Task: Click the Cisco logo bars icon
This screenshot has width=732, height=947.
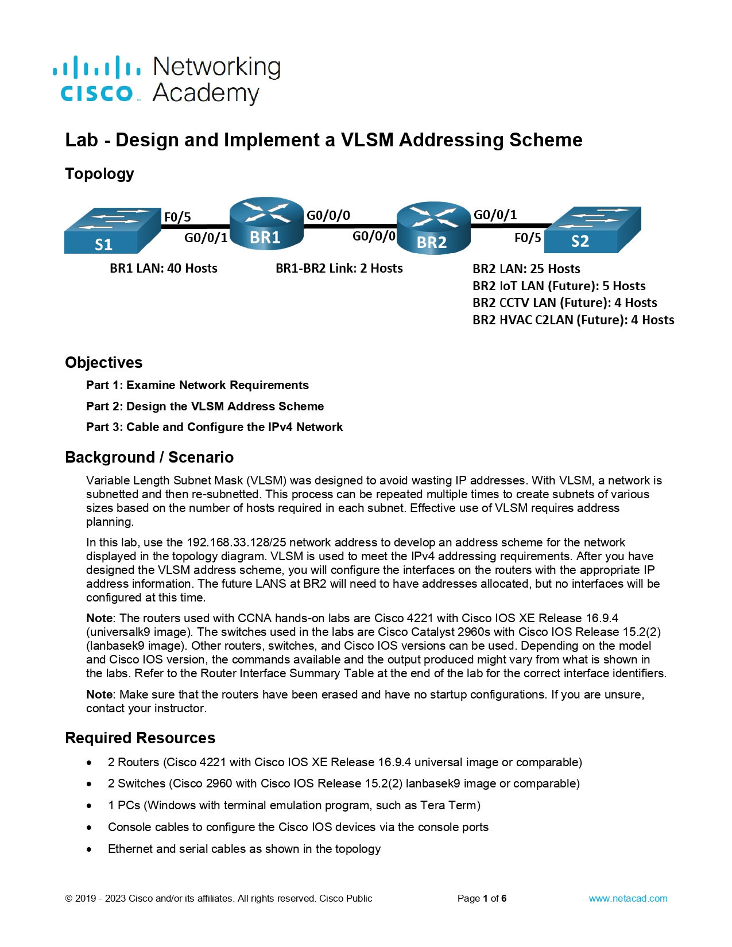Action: click(x=96, y=67)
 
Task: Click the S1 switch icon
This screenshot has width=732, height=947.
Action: click(x=112, y=231)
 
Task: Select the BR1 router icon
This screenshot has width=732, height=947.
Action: click(x=266, y=223)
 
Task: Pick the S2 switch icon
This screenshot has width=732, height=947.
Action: click(x=592, y=230)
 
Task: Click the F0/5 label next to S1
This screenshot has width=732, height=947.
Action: click(x=177, y=217)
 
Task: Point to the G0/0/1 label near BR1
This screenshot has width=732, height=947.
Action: click(x=206, y=238)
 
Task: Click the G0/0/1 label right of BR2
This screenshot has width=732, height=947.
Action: click(x=495, y=215)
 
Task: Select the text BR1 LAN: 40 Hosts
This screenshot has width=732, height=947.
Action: click(x=164, y=268)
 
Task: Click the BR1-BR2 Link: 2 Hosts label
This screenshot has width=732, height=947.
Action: click(x=339, y=268)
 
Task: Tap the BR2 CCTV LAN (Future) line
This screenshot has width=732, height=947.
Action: click(x=564, y=302)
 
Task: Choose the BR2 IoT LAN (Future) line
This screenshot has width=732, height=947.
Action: click(x=559, y=286)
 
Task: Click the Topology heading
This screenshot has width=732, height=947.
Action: click(x=99, y=173)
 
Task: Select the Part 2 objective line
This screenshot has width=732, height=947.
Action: click(x=205, y=406)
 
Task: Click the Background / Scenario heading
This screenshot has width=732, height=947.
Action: click(x=149, y=457)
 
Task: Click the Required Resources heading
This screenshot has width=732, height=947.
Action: click(x=140, y=738)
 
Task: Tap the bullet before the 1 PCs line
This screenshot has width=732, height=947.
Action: click(x=89, y=806)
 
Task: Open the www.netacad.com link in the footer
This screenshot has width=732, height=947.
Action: click(x=628, y=898)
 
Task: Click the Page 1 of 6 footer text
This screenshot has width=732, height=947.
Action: click(x=482, y=898)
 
